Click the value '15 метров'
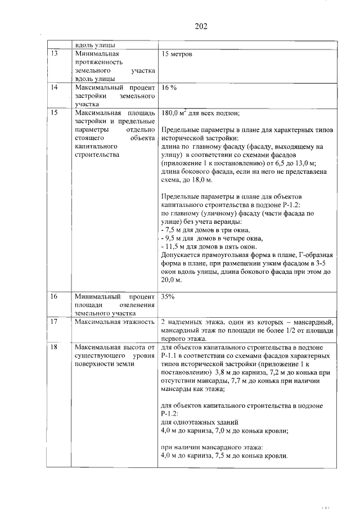177,55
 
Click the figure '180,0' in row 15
170,112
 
